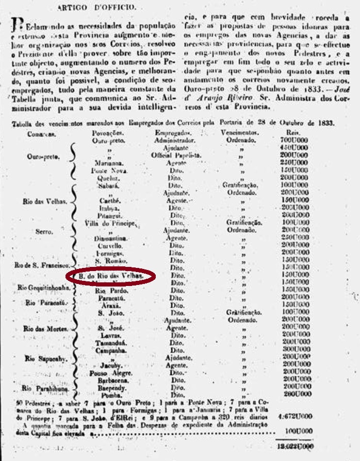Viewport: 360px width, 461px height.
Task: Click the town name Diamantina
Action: click(x=108, y=239)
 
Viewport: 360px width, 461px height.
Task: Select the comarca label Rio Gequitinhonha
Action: click(x=43, y=287)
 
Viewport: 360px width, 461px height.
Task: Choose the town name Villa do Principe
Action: click(x=109, y=223)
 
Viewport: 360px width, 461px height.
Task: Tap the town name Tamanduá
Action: click(x=108, y=342)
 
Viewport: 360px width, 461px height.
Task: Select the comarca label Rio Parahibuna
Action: click(x=43, y=387)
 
